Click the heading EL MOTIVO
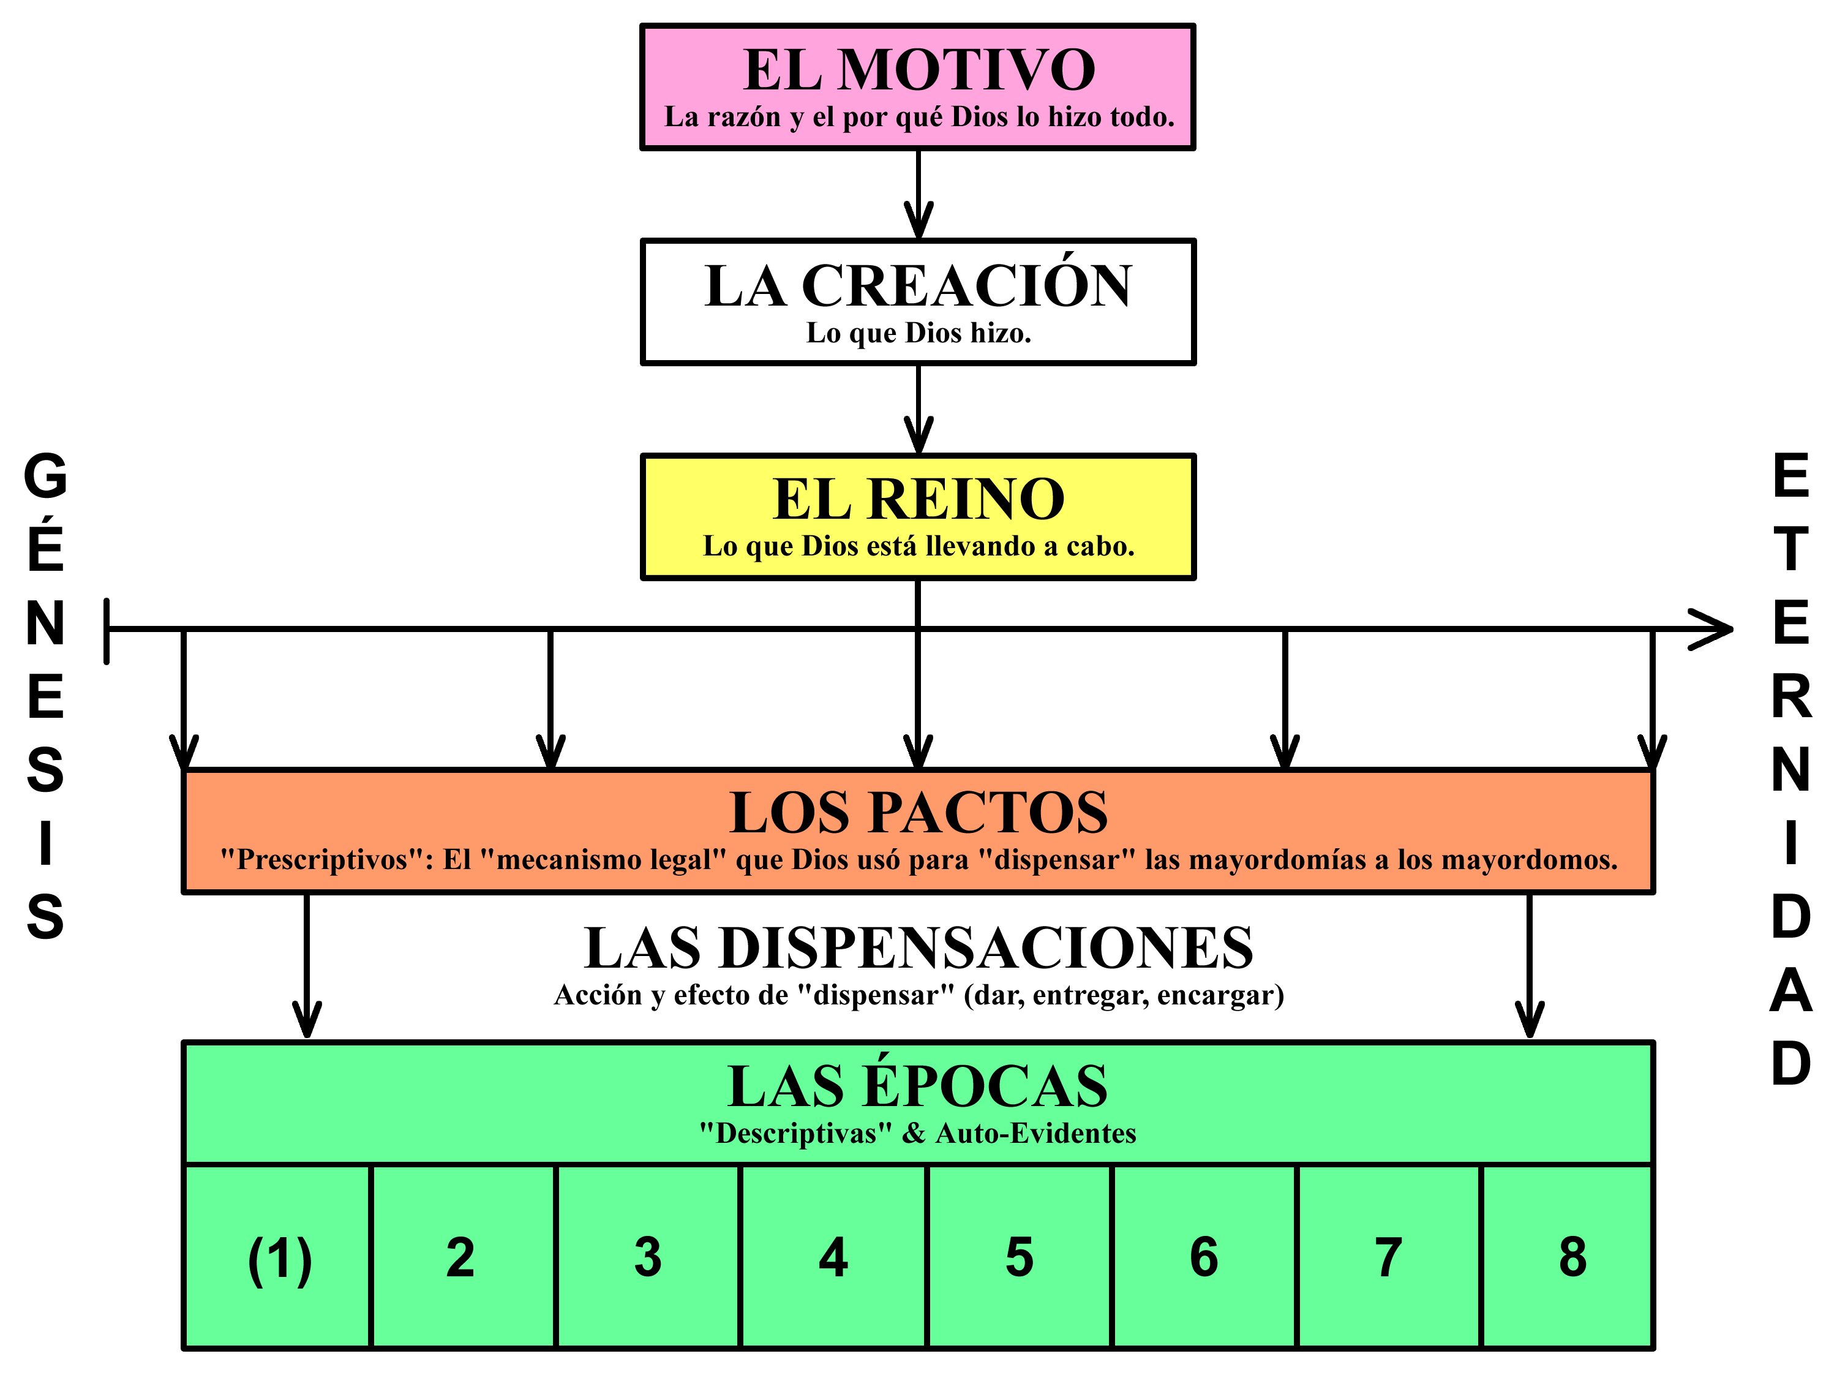point(918,70)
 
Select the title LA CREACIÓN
point(918,286)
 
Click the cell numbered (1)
point(279,1259)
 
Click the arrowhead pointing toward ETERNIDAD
point(1713,629)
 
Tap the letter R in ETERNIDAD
point(1791,697)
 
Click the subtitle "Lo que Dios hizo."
point(918,333)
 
